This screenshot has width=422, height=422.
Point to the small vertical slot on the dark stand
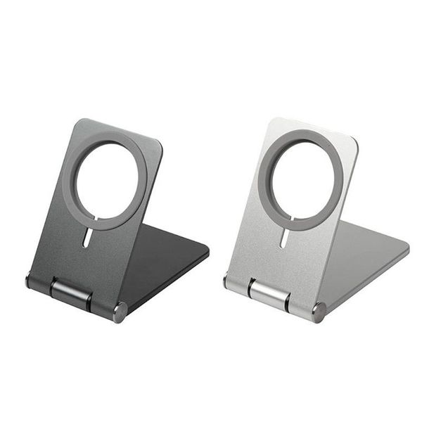(85, 239)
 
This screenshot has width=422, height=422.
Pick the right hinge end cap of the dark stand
(120, 310)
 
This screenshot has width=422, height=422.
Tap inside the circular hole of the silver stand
(301, 181)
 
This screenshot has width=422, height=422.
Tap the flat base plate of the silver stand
(366, 257)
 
